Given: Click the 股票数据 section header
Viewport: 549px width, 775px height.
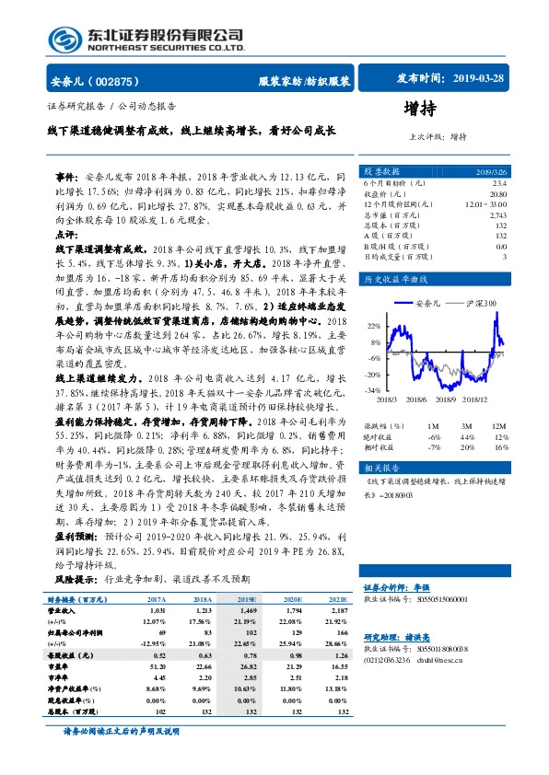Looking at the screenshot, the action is coord(380,172).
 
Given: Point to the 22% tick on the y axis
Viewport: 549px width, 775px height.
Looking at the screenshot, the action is coord(372,326).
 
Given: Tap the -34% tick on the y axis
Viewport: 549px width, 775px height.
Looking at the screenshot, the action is coord(372,390).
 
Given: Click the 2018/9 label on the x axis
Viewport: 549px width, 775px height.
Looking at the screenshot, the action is coord(449,399).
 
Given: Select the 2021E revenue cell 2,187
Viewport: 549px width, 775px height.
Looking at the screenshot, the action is coord(338,609).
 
